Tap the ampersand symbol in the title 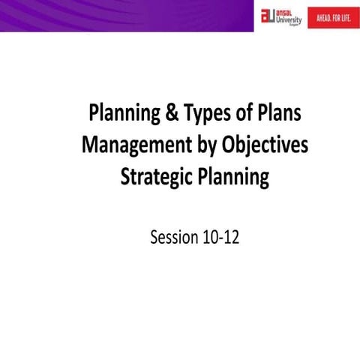pyautogui.click(x=172, y=115)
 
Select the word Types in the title pyautogui.click(x=208, y=115)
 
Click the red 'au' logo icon pyautogui.click(x=268, y=17)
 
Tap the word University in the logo pyautogui.click(x=289, y=21)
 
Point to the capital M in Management pyautogui.click(x=89, y=146)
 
